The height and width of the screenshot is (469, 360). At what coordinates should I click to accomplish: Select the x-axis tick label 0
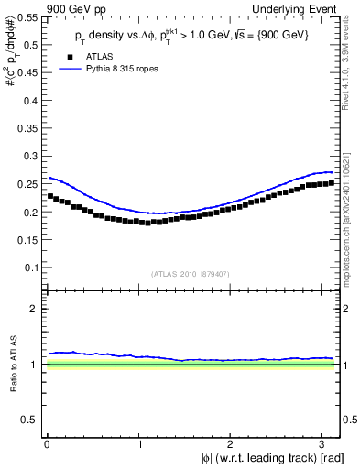[46, 443]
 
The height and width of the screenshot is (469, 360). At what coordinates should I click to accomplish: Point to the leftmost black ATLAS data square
[49, 196]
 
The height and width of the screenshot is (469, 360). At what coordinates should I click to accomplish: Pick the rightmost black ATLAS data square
[331, 182]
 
